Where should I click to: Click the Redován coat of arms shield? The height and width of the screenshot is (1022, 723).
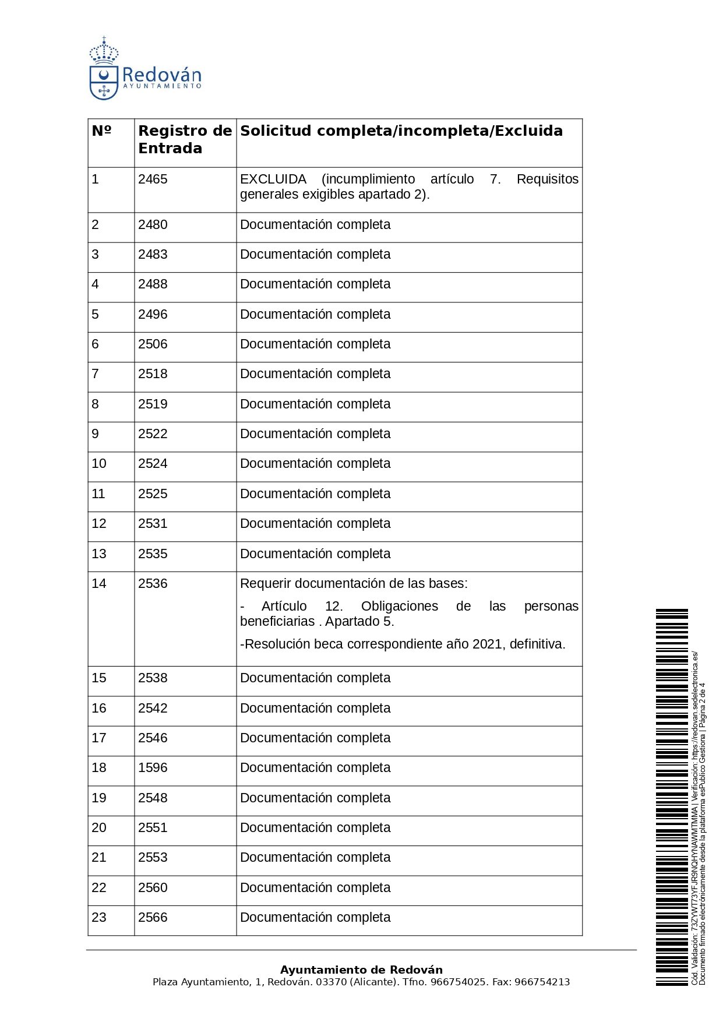click(104, 82)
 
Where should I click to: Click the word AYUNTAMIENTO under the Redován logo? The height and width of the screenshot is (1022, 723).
click(162, 86)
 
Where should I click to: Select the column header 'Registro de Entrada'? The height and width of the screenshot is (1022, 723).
click(185, 139)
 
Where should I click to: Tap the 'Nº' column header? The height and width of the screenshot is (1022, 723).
click(101, 131)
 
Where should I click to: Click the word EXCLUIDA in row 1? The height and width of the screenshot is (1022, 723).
click(273, 179)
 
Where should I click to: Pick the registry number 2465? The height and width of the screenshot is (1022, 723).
click(153, 179)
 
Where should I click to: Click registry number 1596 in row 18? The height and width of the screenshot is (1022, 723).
click(153, 768)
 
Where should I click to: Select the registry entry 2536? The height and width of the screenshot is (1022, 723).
click(153, 584)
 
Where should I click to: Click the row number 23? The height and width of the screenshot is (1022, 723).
click(99, 918)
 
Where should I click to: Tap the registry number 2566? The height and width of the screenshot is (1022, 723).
click(153, 918)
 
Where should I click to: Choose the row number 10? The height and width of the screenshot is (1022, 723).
click(99, 464)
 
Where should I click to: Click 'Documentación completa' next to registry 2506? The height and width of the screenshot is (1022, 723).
click(315, 344)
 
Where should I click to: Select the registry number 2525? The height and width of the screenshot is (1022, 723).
click(153, 494)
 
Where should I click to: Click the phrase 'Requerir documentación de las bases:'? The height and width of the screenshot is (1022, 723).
click(354, 584)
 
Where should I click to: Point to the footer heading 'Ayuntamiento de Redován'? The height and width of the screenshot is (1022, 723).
click(361, 970)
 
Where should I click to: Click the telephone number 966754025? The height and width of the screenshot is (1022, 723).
click(458, 982)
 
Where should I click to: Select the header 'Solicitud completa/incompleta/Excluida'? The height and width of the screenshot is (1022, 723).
click(401, 131)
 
